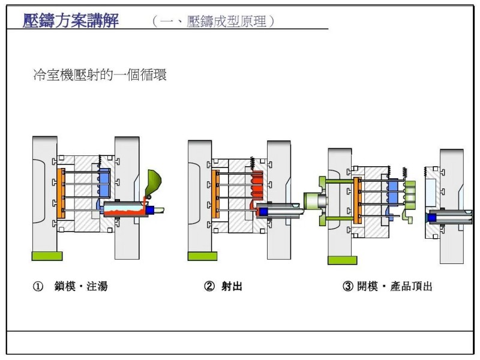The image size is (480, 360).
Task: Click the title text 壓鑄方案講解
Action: pyautogui.click(x=71, y=21)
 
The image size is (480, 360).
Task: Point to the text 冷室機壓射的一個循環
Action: pyautogui.click(x=100, y=75)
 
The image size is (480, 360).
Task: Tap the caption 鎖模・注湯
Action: pyautogui.click(x=80, y=286)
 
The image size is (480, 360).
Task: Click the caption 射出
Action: pyautogui.click(x=232, y=286)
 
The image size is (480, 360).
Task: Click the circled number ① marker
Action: pyautogui.click(x=37, y=286)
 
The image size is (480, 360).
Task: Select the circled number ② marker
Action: pyautogui.click(x=209, y=286)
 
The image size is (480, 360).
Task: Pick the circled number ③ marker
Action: pyautogui.click(x=347, y=286)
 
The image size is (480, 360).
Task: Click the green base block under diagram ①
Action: pyautogui.click(x=47, y=256)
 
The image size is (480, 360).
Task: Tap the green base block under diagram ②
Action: pyautogui.click(x=202, y=256)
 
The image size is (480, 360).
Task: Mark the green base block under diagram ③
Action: pyautogui.click(x=342, y=260)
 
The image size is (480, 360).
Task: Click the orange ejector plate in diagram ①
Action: pyautogui.click(x=60, y=193)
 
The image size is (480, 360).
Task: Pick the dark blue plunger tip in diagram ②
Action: pyautogui.click(x=263, y=211)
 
